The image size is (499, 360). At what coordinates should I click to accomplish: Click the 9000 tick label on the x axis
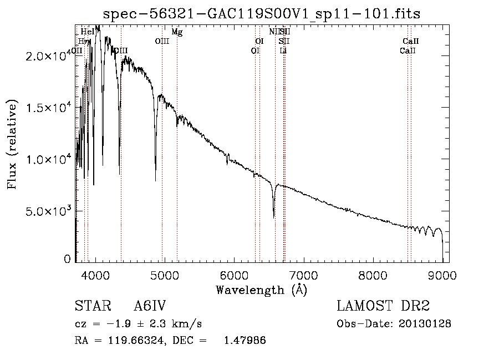click(442, 275)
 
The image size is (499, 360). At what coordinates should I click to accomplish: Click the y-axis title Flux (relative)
click(12, 144)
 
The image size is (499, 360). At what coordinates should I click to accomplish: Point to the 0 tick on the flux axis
click(68, 258)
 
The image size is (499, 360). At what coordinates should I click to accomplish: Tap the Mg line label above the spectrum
click(177, 32)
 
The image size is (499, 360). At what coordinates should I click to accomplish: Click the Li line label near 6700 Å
click(283, 50)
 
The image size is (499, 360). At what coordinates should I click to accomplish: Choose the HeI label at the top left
click(88, 32)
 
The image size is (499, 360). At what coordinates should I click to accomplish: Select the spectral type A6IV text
click(150, 306)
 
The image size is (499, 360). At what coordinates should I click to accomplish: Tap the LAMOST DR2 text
click(383, 306)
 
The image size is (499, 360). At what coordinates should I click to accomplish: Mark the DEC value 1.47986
click(245, 341)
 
